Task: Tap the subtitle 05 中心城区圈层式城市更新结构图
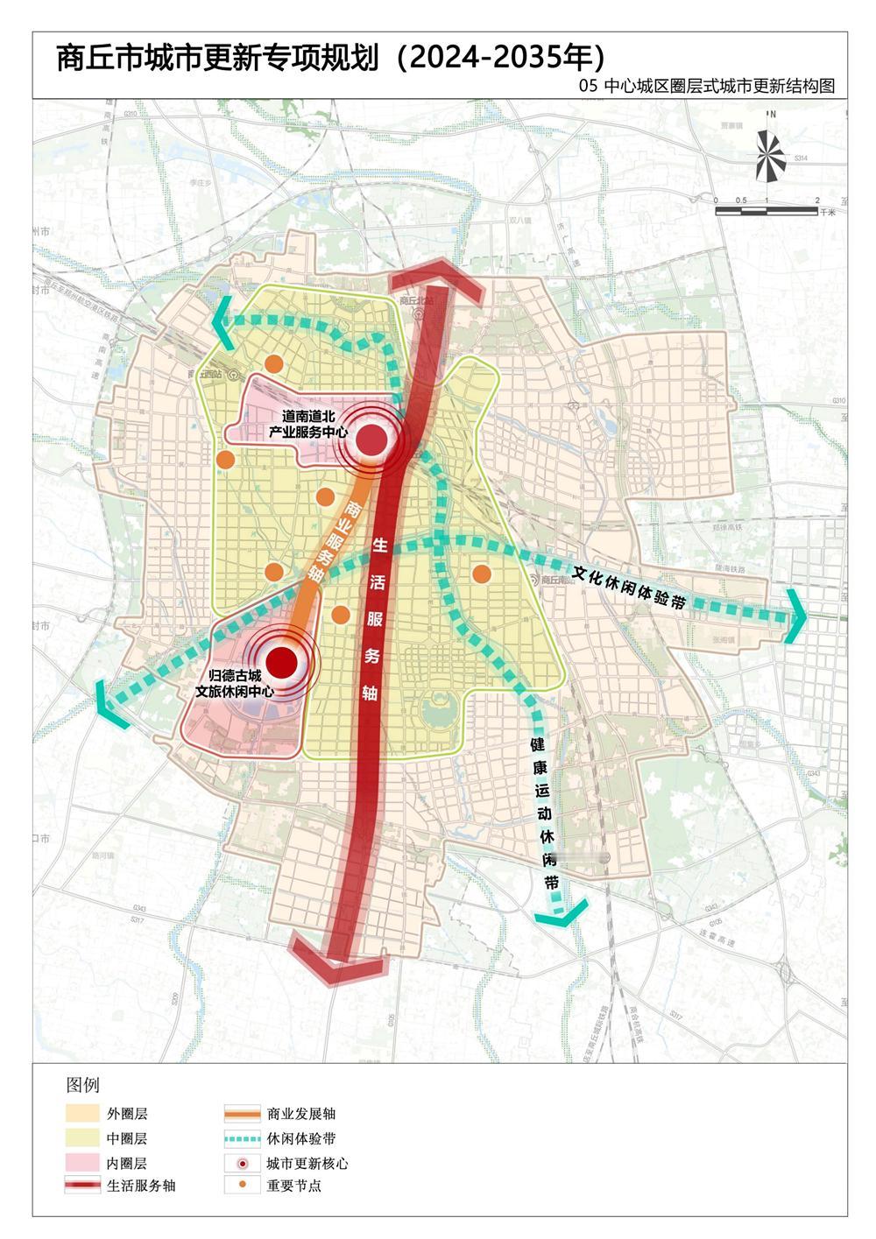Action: coord(707,86)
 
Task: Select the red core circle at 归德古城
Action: coord(281,662)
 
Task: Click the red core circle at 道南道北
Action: coord(371,439)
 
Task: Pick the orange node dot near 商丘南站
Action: coord(481,574)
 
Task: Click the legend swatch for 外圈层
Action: coord(82,1114)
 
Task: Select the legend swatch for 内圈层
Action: coord(82,1162)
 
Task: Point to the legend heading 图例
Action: coord(83,1085)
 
